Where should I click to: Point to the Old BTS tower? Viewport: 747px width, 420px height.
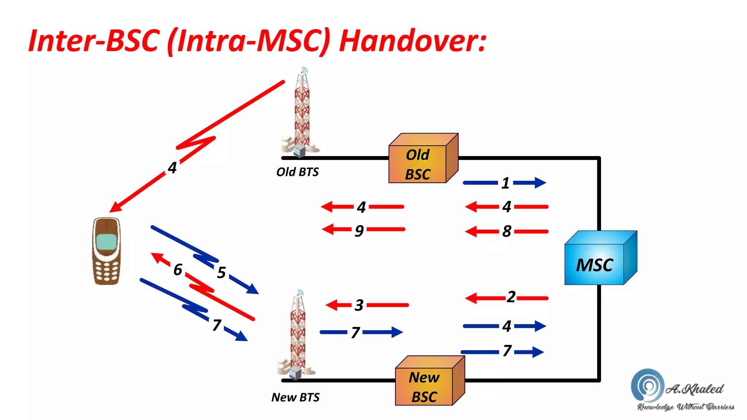point(302,113)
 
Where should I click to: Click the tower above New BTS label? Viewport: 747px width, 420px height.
point(297,335)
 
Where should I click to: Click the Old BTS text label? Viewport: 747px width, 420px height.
point(297,172)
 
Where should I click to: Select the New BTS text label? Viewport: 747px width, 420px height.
point(295,397)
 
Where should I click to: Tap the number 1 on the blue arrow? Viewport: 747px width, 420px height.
point(505,183)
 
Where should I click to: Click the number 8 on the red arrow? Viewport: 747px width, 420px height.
point(507,231)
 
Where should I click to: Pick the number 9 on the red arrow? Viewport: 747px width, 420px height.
point(359,230)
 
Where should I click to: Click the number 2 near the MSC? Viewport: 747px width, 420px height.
point(511,297)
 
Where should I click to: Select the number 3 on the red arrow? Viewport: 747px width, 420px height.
point(359,305)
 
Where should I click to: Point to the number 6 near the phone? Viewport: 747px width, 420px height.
point(178,270)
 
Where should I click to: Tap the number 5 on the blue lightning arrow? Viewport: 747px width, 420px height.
point(221,272)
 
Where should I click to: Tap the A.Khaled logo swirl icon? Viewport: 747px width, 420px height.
point(647,385)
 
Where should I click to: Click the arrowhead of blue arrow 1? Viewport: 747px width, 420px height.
point(539,183)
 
